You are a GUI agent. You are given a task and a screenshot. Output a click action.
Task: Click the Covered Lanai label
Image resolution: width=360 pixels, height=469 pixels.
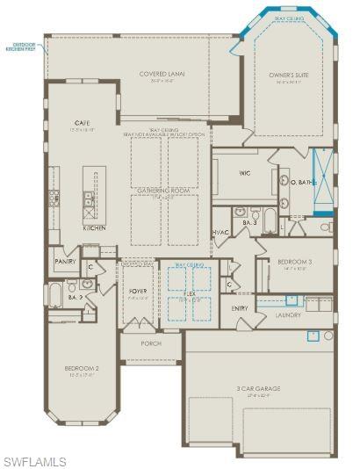click(x=159, y=74)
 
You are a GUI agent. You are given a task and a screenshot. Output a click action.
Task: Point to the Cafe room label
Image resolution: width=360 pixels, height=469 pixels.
click(x=83, y=123)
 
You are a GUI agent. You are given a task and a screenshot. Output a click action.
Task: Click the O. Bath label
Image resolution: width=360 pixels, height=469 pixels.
click(x=306, y=182)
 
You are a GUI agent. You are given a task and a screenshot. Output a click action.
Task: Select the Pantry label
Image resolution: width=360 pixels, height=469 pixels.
click(x=65, y=261)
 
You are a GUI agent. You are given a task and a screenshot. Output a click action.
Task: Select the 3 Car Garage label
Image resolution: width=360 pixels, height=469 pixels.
click(x=258, y=387)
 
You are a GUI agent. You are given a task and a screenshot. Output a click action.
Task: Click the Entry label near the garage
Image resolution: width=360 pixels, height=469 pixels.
click(x=240, y=308)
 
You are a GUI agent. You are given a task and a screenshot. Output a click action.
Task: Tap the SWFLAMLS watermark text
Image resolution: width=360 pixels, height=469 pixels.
click(x=35, y=461)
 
